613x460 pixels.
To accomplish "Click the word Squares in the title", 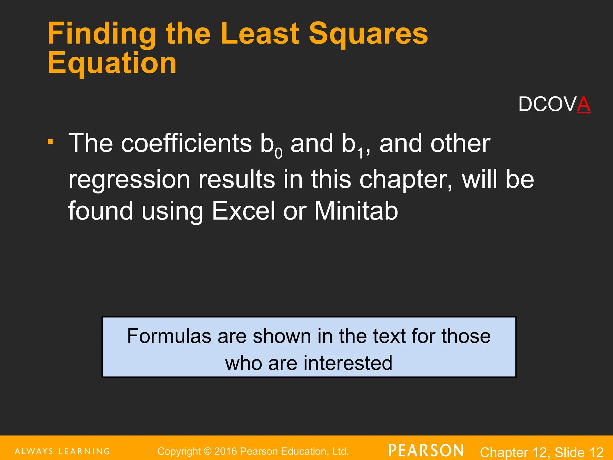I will [368, 34].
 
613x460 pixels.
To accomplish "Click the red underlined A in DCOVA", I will [583, 105].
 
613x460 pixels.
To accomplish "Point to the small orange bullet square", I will [50, 141].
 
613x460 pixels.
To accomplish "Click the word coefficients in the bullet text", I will [186, 143].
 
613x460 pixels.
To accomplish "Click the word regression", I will [129, 179].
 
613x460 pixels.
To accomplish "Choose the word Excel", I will [243, 211].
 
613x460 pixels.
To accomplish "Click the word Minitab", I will [356, 211].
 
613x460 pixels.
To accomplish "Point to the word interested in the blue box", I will [348, 363].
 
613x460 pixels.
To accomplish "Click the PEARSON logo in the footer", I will [426, 450].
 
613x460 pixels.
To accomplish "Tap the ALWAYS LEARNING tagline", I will [63, 451].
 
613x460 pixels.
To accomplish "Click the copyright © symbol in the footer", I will [207, 451].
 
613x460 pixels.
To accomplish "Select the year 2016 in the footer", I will [226, 451].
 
